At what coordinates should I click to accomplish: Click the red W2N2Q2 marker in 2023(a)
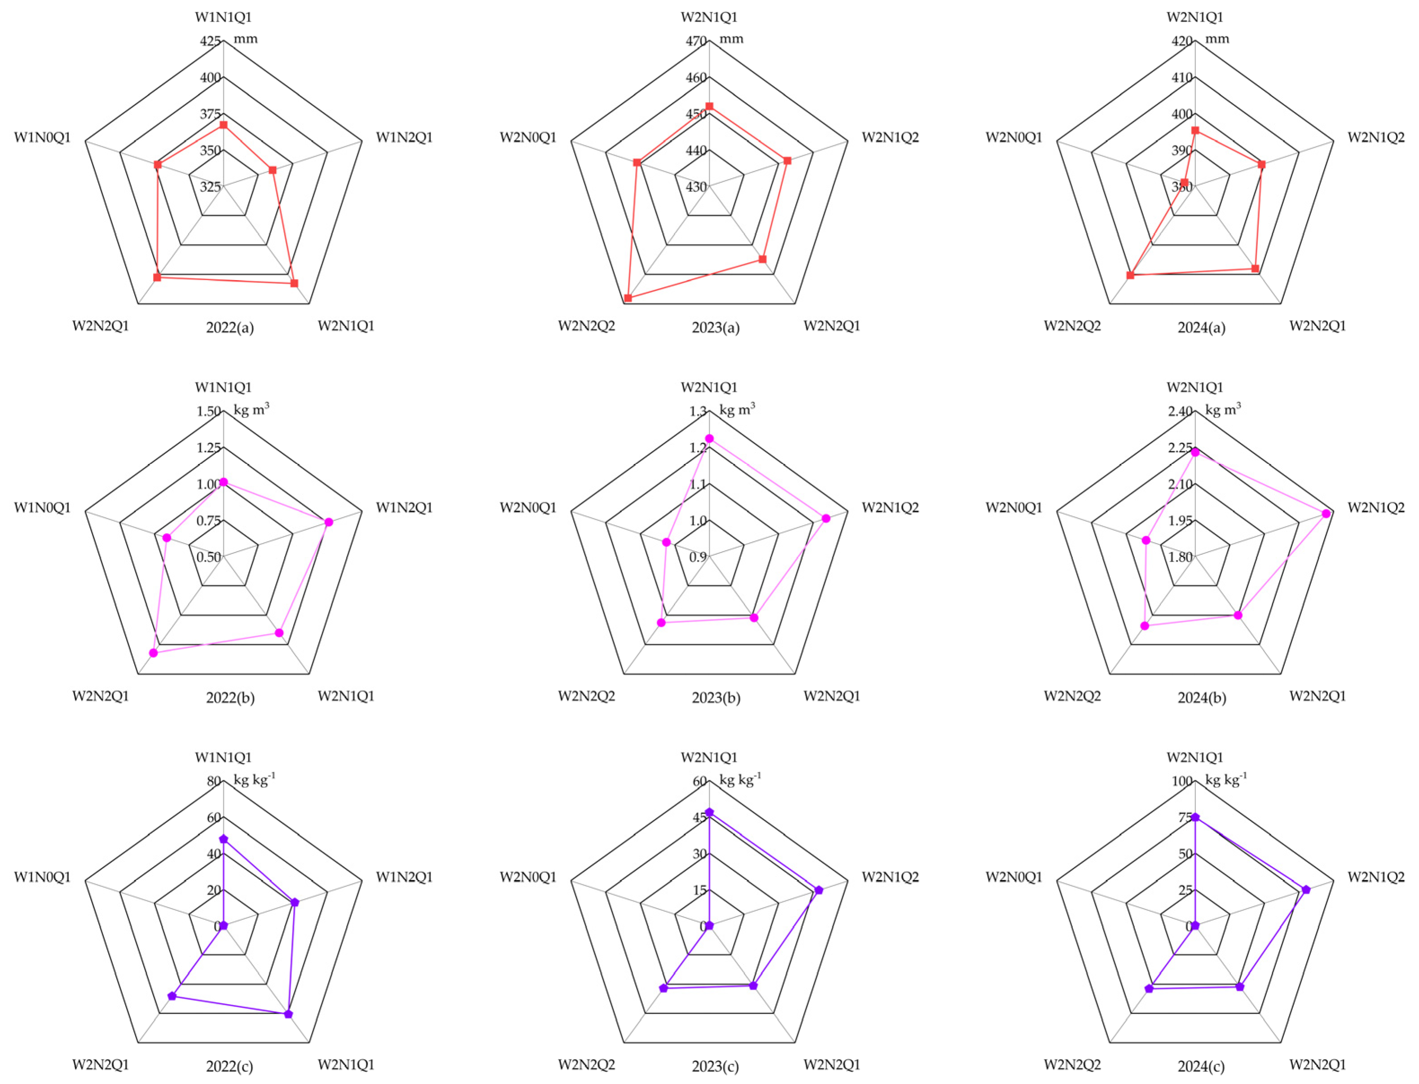point(628,298)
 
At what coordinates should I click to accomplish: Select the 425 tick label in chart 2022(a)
point(211,41)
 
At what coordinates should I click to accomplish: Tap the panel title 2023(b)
point(716,698)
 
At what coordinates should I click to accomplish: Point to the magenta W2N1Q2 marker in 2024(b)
point(1326,513)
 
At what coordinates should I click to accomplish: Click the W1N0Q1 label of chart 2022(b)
point(43,508)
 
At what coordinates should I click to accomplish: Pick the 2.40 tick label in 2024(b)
point(1180,411)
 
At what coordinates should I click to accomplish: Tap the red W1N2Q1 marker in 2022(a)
point(272,171)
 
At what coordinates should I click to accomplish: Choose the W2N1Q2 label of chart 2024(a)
point(1376,137)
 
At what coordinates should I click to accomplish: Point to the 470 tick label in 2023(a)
point(696,41)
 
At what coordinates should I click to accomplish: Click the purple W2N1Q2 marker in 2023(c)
point(819,890)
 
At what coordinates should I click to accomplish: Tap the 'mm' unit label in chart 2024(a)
point(1218,39)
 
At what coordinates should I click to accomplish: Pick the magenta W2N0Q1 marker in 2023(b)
point(667,542)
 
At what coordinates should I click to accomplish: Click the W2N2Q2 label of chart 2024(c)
point(1072,1064)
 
